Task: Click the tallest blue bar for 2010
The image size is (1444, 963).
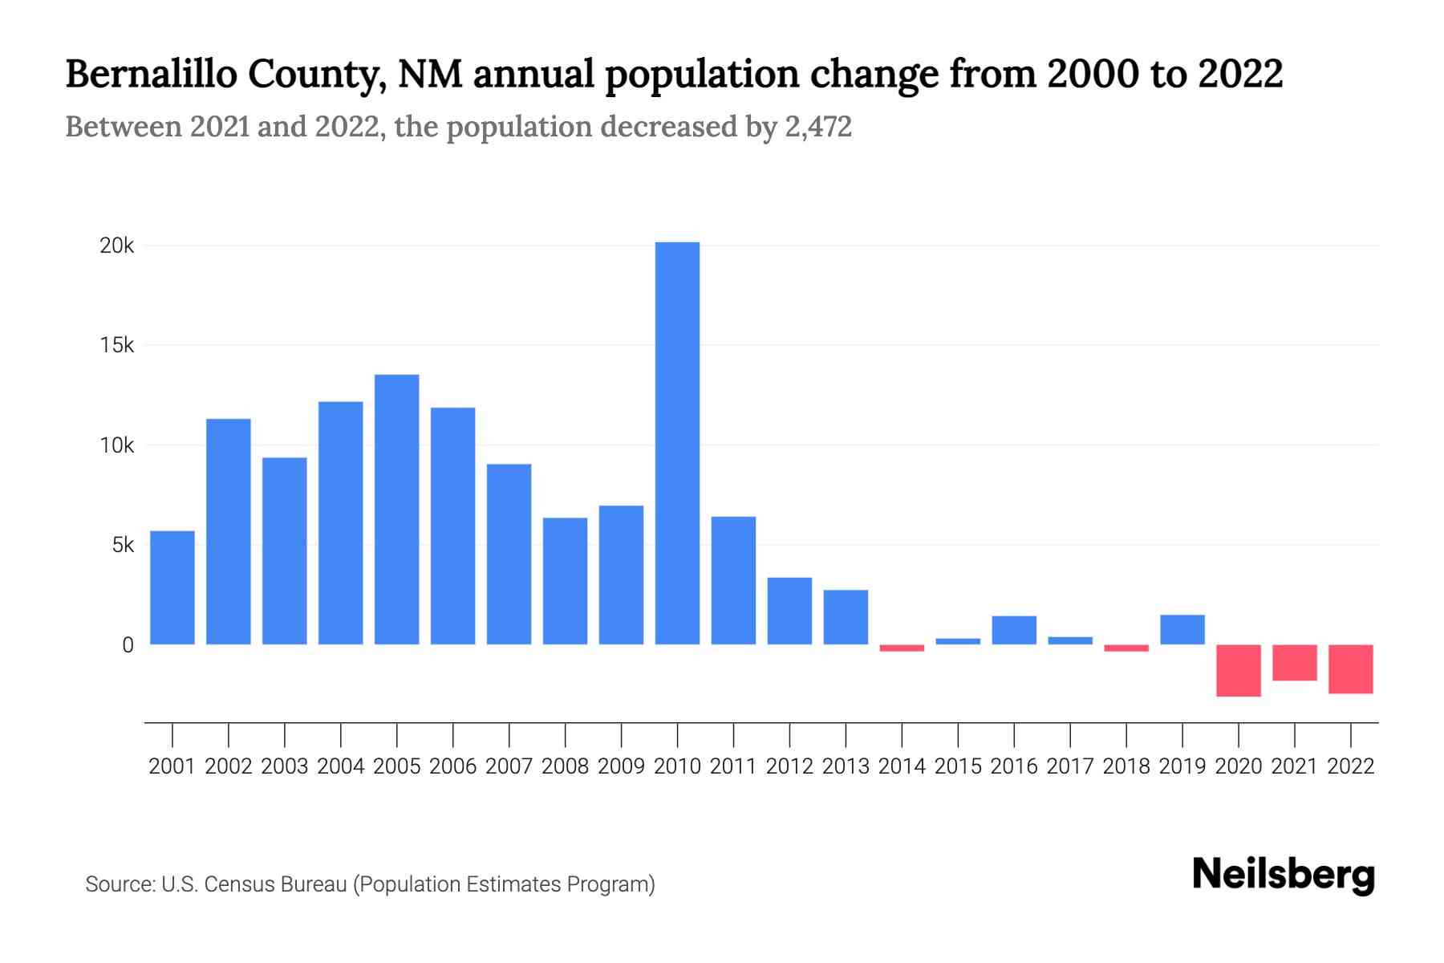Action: point(677,443)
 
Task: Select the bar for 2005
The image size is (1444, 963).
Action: point(396,510)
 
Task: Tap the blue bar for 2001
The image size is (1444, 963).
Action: point(172,587)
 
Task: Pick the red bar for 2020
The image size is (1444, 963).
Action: point(1238,670)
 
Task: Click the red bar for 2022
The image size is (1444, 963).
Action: point(1350,668)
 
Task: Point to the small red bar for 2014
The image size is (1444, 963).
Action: point(902,648)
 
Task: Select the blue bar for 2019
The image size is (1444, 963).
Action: point(1182,630)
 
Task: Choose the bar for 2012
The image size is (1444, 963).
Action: point(789,611)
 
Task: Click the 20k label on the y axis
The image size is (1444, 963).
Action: point(116,246)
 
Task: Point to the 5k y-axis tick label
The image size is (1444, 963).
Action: point(123,546)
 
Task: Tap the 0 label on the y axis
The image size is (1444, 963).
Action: point(128,645)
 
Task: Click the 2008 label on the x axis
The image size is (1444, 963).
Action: point(565,766)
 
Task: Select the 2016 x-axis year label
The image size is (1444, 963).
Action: point(1014,766)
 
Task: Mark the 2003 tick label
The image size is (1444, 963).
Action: point(285,766)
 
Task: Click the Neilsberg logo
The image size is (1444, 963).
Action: point(1284,875)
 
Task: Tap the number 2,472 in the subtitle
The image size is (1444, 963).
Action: point(817,127)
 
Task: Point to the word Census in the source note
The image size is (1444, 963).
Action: point(235,884)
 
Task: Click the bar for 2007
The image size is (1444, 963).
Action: point(509,554)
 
